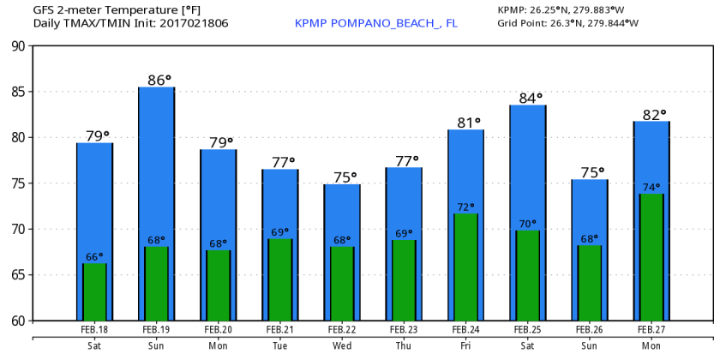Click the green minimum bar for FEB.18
point(94,291)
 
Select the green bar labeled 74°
point(651,257)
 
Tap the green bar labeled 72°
point(465,267)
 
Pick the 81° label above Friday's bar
point(468,123)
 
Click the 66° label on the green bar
point(94,256)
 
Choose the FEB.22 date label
point(341,329)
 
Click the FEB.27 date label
point(651,329)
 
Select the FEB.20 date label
point(218,329)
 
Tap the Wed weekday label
point(341,345)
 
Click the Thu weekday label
point(404,345)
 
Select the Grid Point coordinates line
point(567,23)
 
